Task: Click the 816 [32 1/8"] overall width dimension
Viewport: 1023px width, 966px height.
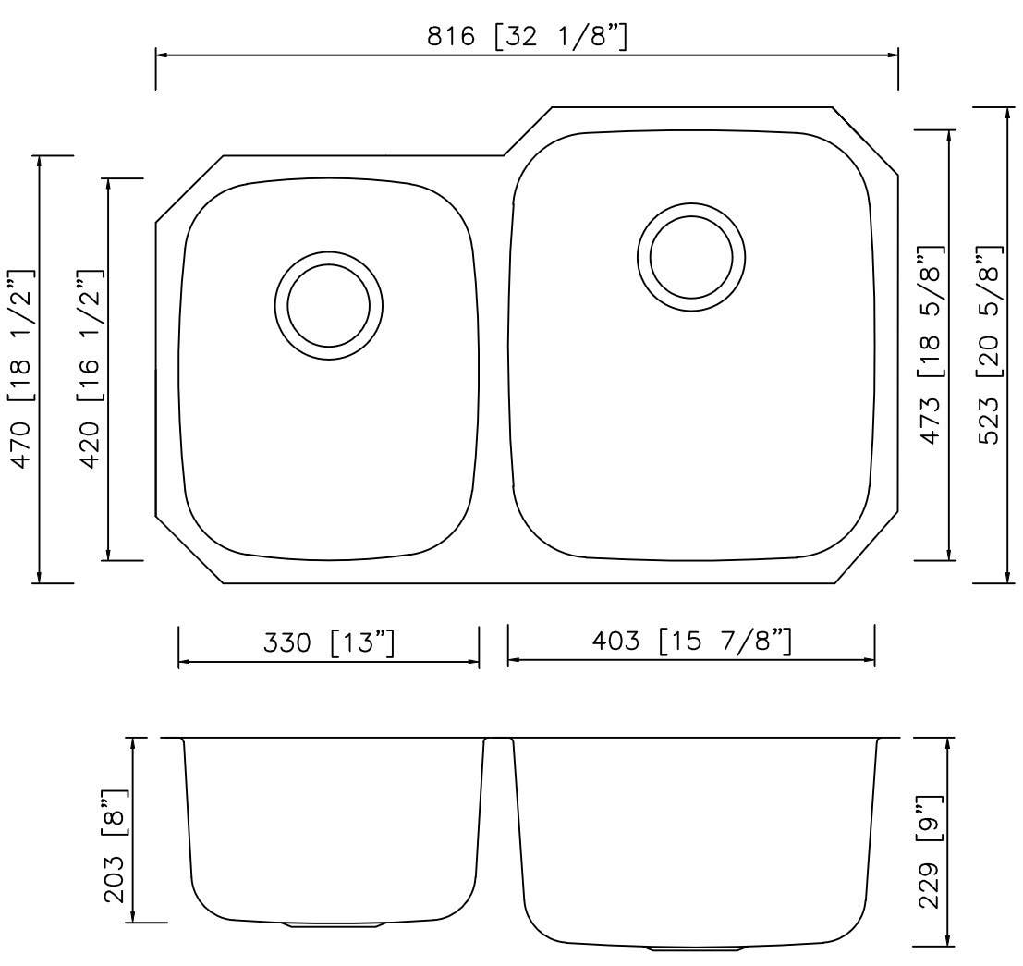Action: click(x=527, y=38)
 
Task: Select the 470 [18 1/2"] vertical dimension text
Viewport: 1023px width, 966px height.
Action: click(x=23, y=369)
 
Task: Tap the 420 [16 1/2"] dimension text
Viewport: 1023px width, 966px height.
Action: click(x=92, y=369)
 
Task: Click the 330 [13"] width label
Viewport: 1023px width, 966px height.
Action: click(x=329, y=642)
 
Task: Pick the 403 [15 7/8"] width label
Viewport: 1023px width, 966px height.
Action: click(x=690, y=641)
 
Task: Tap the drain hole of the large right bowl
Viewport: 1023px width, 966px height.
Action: click(x=690, y=255)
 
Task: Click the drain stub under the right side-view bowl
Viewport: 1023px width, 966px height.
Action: click(x=698, y=948)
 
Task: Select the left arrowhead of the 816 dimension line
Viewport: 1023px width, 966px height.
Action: click(x=162, y=56)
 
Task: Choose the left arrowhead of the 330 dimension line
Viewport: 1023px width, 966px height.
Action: click(x=184, y=662)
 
